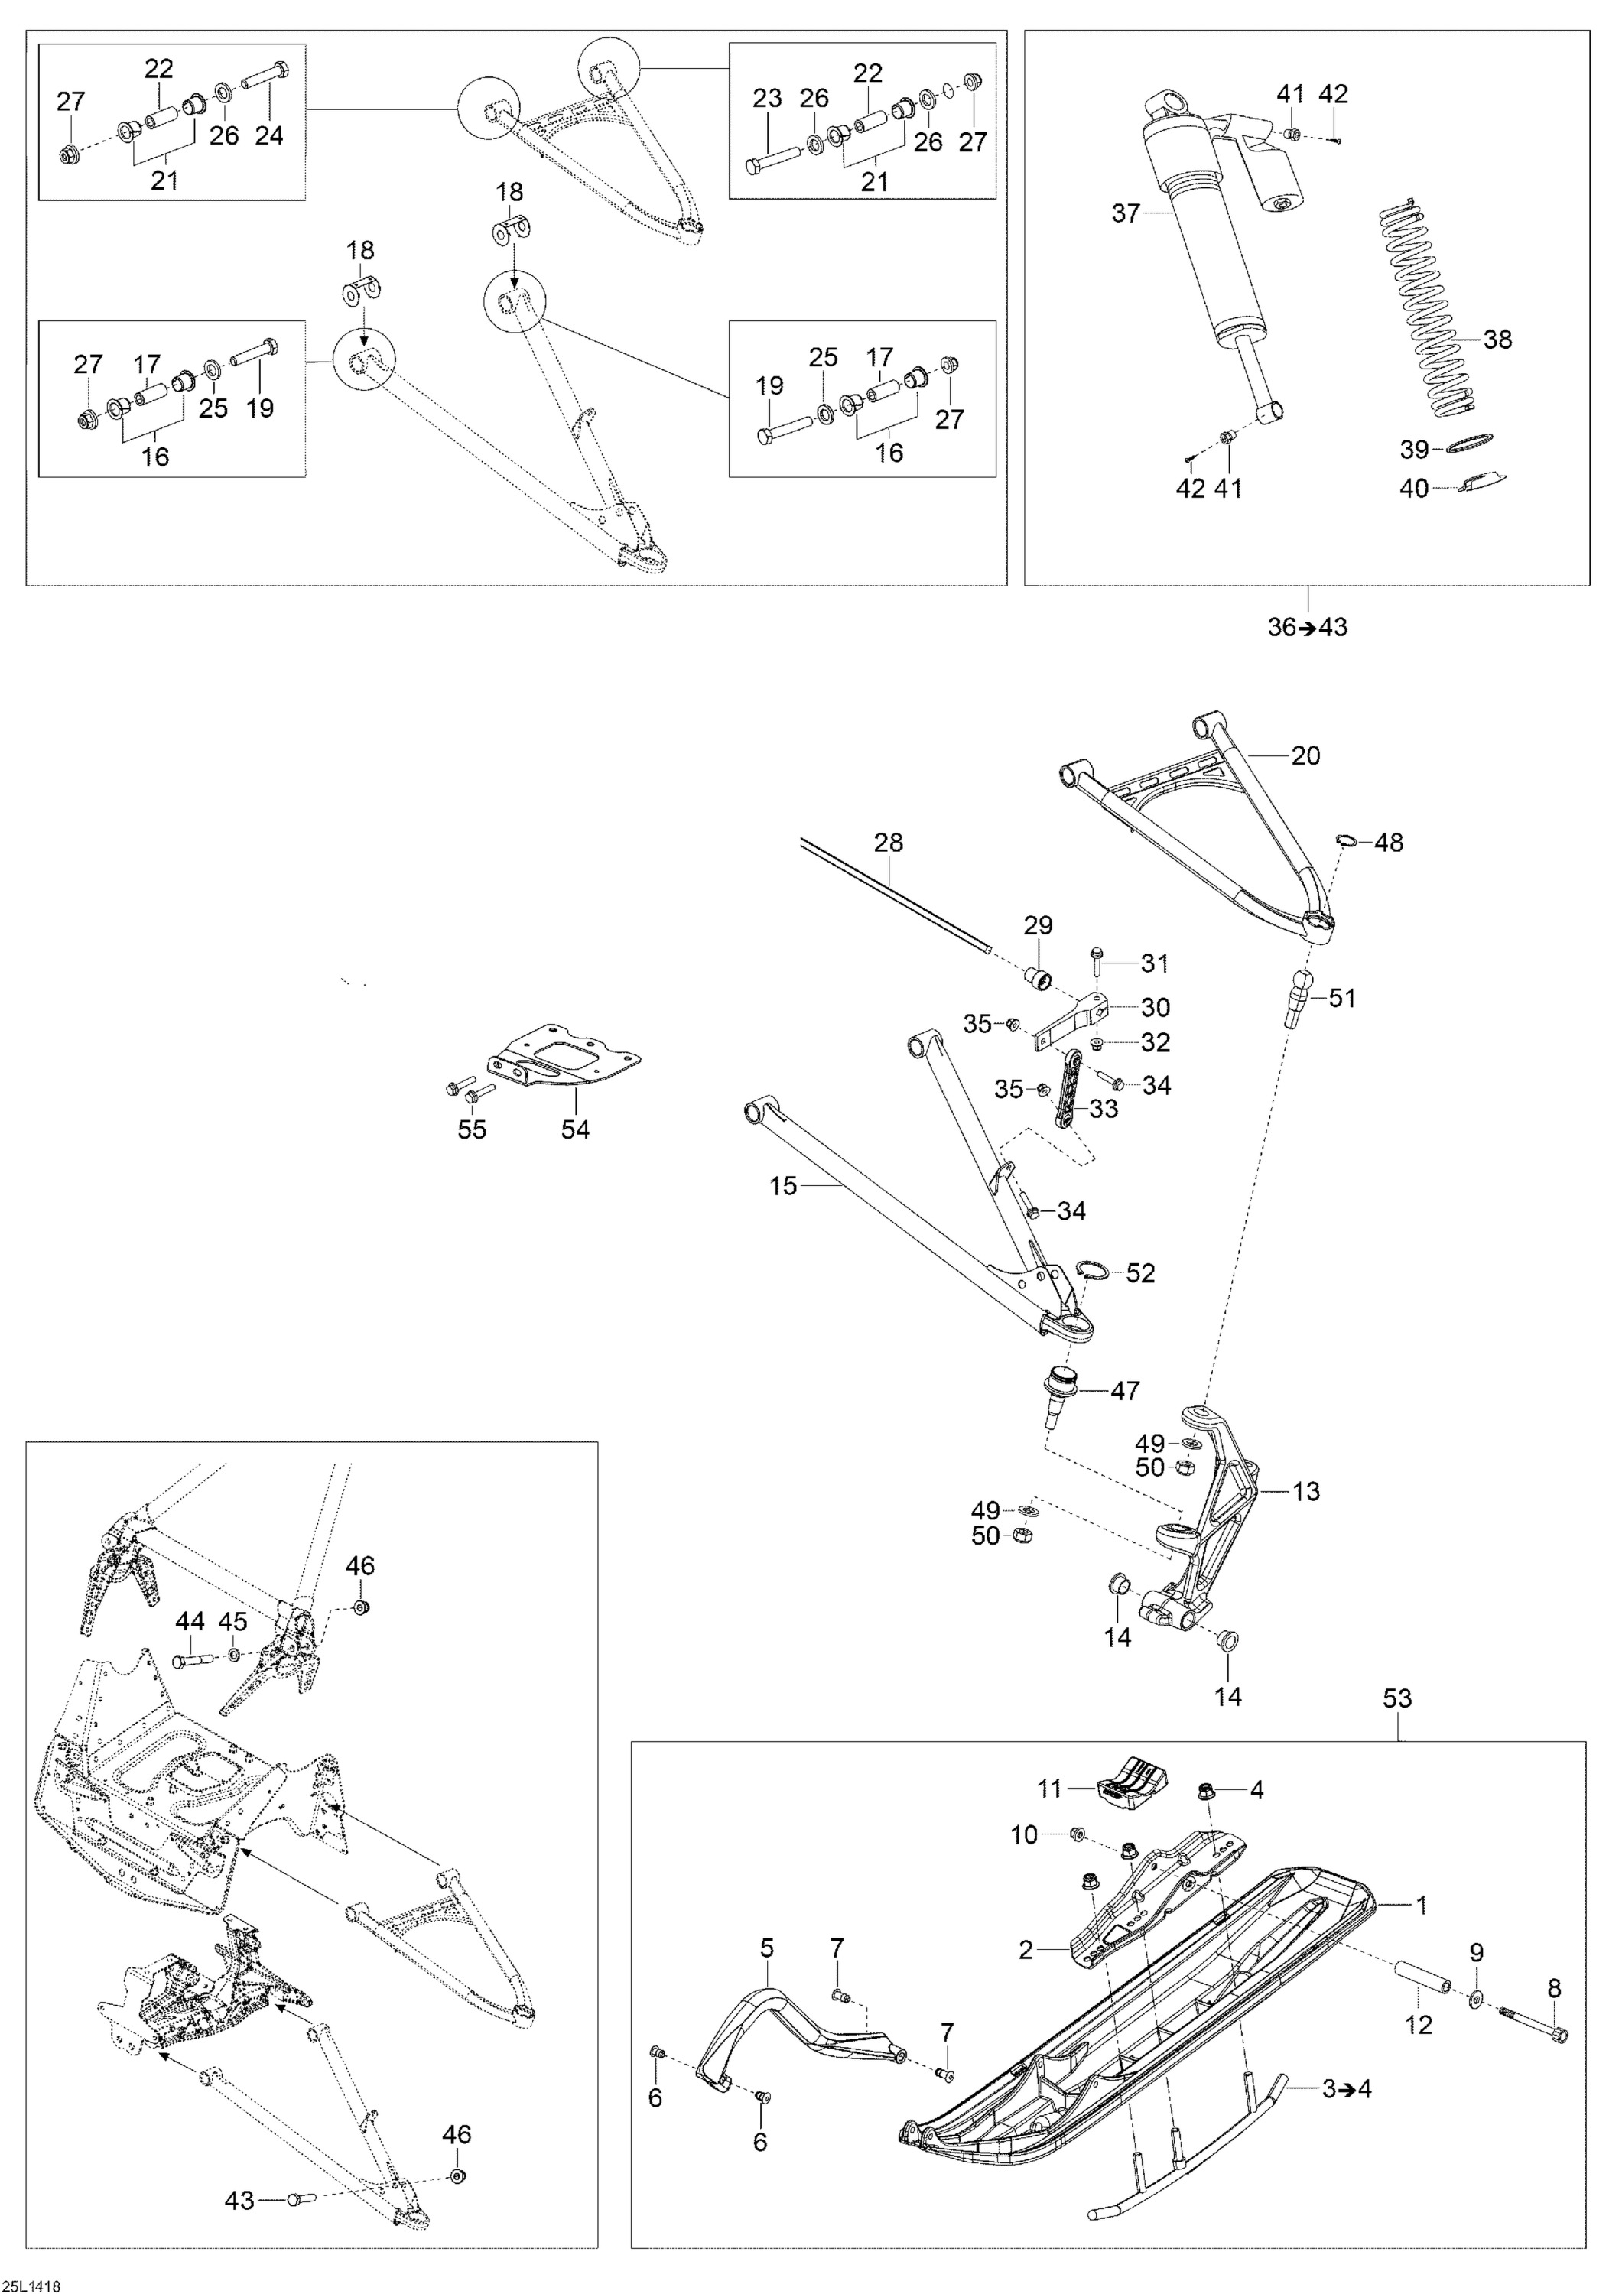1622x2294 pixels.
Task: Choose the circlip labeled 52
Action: (x=1094, y=1271)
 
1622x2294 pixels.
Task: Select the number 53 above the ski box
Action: (x=1397, y=1698)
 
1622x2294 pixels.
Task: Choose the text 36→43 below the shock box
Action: (x=1307, y=628)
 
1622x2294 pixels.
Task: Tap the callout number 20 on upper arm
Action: (x=1305, y=755)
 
